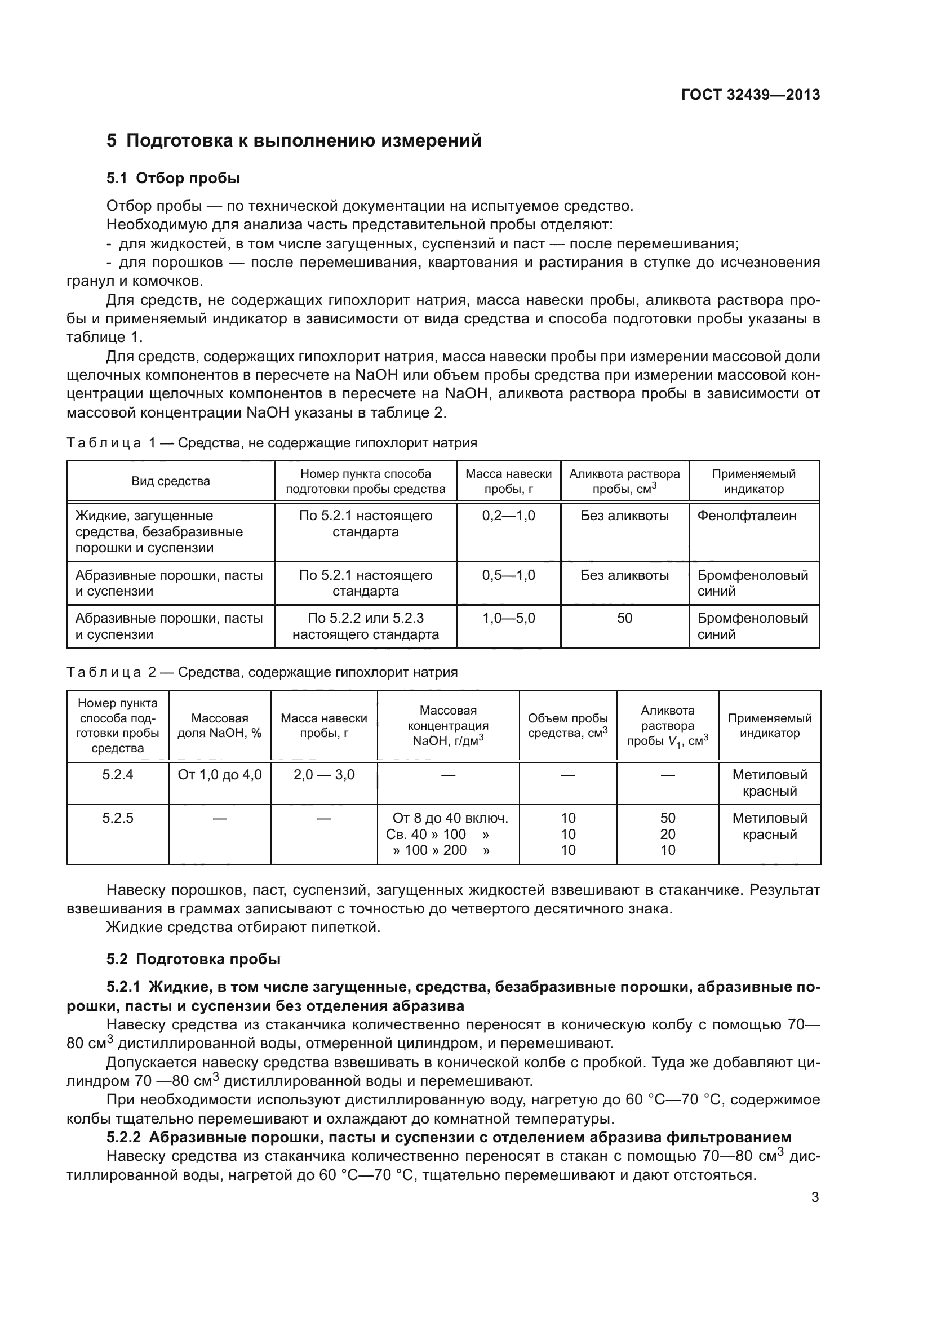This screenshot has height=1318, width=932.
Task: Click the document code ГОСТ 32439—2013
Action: click(x=750, y=95)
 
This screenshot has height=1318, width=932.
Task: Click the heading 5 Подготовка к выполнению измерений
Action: click(x=294, y=141)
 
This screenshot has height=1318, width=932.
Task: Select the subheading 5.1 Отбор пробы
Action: click(x=173, y=179)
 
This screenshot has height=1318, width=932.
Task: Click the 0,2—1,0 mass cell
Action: click(x=508, y=516)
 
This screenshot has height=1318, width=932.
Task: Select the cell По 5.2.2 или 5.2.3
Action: click(x=366, y=618)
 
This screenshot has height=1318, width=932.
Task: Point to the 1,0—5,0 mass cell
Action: click(x=508, y=618)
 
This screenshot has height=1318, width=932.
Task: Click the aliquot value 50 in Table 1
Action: click(x=624, y=618)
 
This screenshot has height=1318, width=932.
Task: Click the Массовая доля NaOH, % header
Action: click(x=219, y=726)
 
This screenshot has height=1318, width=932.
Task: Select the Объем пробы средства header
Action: click(x=567, y=726)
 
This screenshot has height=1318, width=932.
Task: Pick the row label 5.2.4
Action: click(x=118, y=775)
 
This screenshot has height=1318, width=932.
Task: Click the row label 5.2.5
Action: click(x=118, y=818)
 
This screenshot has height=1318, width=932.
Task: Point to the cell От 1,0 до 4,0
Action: click(x=219, y=775)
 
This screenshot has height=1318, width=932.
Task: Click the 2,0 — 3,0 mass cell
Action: click(x=323, y=775)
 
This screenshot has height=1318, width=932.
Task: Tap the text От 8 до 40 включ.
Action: click(x=450, y=818)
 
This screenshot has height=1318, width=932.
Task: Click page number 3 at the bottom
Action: click(x=814, y=1197)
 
